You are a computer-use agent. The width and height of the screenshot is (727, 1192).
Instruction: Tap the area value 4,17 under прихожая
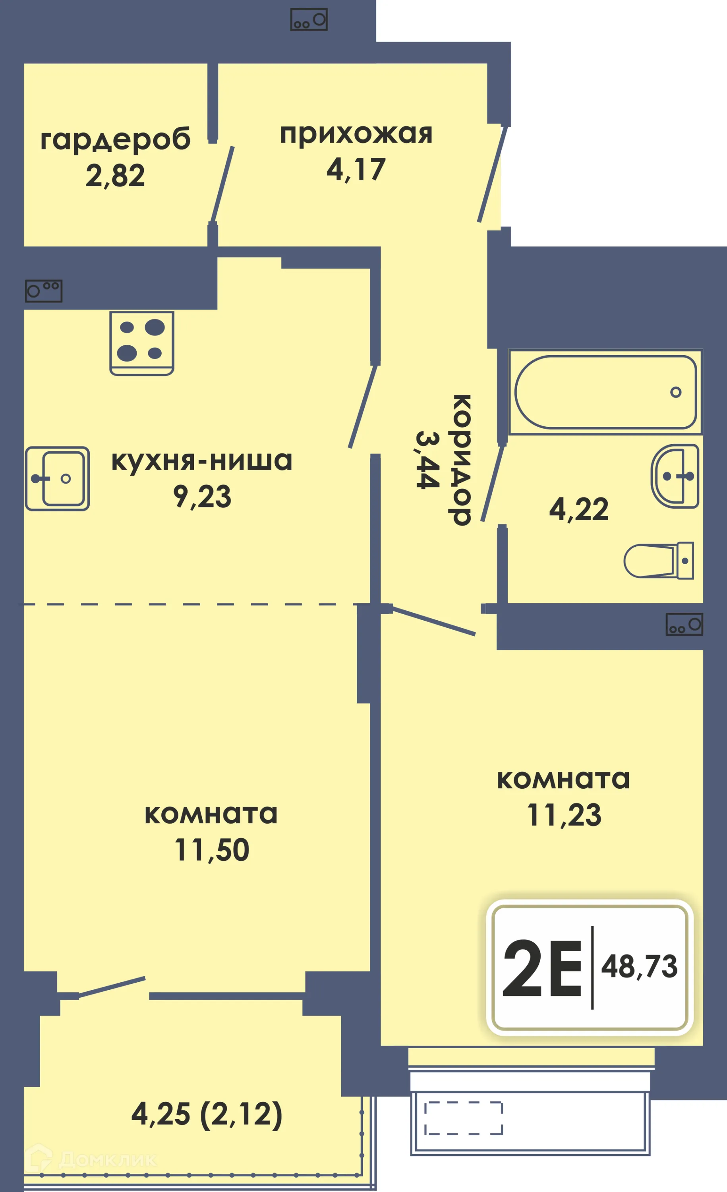point(356,170)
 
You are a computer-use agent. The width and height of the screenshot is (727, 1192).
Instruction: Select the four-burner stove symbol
point(142,343)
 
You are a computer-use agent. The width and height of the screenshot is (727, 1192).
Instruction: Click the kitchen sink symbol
point(57,478)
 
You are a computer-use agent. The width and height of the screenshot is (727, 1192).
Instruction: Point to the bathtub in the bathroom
point(605,392)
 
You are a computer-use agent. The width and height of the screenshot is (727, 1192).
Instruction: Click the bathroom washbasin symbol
point(675,476)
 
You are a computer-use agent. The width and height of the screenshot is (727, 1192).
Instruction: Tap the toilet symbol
point(658,561)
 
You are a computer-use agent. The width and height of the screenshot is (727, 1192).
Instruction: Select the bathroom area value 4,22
point(578,509)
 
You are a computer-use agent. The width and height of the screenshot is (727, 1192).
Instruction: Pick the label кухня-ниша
point(202,461)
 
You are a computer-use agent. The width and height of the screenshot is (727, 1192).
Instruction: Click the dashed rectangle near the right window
point(463,1118)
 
